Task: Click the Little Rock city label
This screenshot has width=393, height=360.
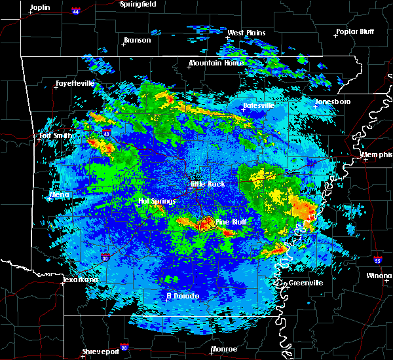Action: point(208,184)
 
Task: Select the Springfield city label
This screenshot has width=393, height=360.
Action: point(138,4)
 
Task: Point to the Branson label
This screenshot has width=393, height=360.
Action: point(137,40)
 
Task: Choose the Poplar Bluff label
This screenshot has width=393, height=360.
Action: point(353,31)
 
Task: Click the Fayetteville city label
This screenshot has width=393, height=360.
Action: point(75,83)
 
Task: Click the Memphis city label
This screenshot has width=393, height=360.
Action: point(377,154)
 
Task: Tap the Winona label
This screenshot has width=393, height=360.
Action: point(379,276)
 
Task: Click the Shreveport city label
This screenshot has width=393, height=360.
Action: point(101,351)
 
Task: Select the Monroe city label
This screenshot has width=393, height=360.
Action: point(224,349)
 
